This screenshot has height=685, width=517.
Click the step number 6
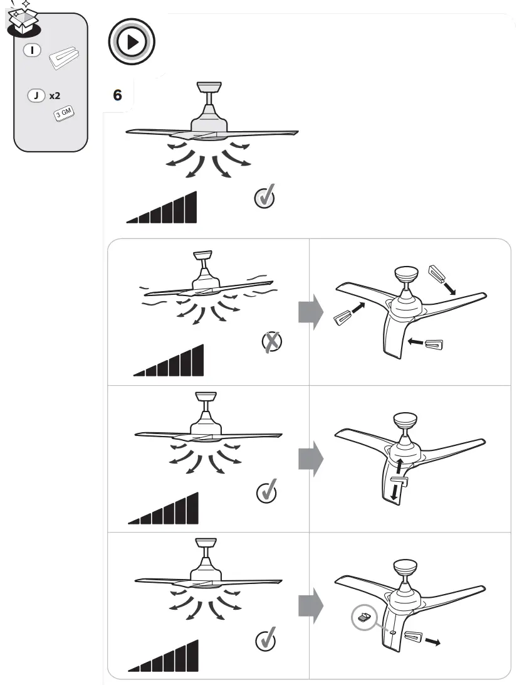[x=117, y=95]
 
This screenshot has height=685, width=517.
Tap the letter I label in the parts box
[x=32, y=50]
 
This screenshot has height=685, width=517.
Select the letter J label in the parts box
[x=36, y=97]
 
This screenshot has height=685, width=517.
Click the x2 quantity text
[x=55, y=97]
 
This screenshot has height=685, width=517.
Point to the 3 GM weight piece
[x=64, y=114]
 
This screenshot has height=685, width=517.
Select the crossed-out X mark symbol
[x=271, y=342]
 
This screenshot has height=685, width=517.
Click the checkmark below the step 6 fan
[x=264, y=198]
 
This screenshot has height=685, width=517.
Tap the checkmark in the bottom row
[x=266, y=640]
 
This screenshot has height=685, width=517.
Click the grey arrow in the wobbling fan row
[x=310, y=312]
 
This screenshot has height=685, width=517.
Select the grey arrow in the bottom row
[x=310, y=605]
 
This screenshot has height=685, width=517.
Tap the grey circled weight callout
[x=363, y=618]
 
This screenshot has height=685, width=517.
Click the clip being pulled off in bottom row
[x=414, y=637]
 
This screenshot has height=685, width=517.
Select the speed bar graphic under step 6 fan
[x=162, y=208]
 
